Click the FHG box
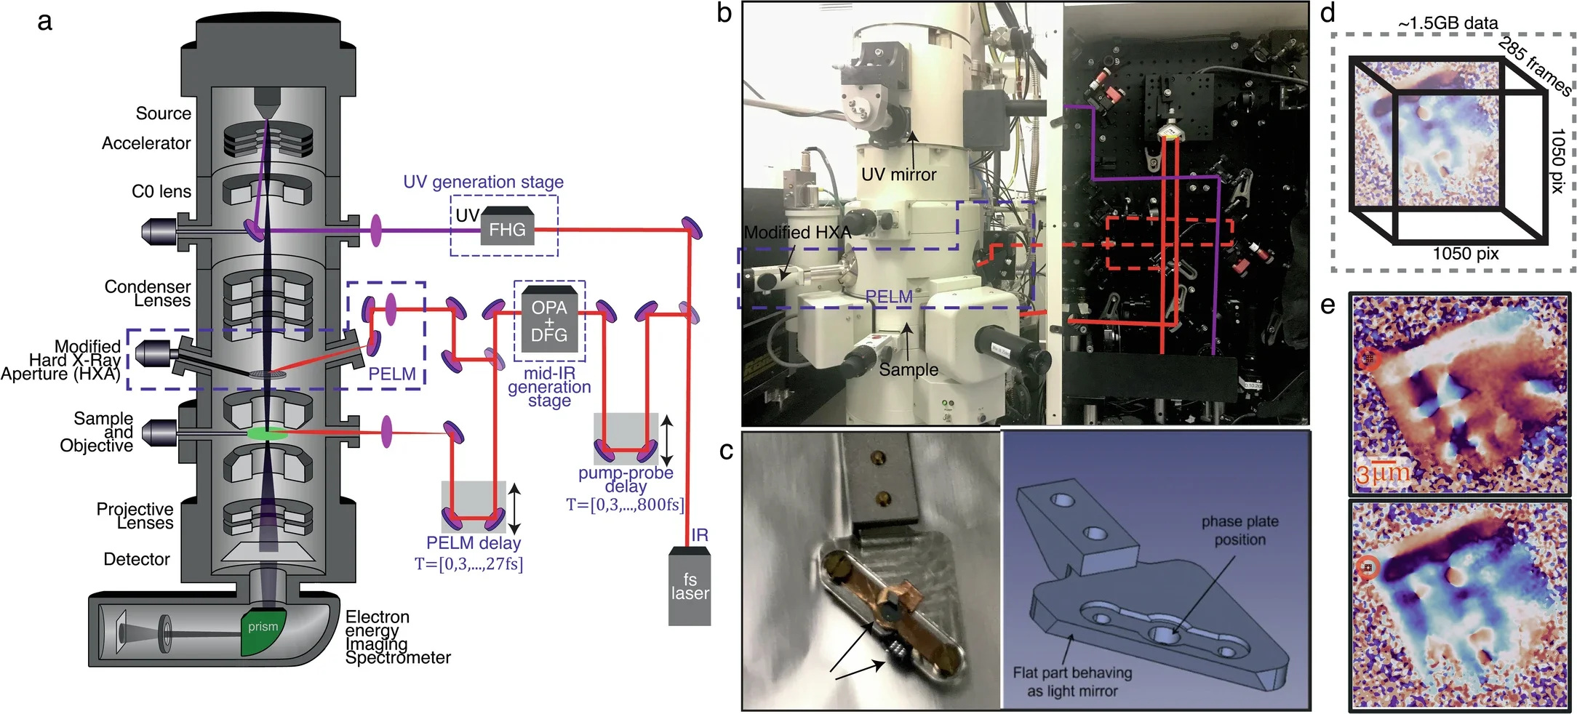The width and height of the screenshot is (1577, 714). [507, 230]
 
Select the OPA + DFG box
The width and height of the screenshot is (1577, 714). [549, 321]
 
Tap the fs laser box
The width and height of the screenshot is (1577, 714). [690, 587]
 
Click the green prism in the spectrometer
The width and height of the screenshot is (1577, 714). [263, 630]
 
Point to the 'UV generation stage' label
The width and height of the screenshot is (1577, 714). [483, 182]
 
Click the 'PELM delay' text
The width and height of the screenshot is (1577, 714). [473, 543]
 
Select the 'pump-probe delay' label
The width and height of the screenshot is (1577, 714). [626, 479]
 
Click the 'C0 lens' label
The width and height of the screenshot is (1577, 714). [161, 191]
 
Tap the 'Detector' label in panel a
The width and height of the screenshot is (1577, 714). [136, 559]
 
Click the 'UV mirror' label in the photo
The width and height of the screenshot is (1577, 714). [898, 175]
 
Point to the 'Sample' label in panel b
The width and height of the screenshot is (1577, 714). [908, 369]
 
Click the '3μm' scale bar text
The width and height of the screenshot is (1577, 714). [1382, 474]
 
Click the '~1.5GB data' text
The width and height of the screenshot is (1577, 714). [1448, 23]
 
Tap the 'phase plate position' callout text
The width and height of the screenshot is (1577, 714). [1239, 530]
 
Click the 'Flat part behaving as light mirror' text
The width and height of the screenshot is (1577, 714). [1072, 681]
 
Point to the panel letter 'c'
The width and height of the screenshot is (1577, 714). [726, 451]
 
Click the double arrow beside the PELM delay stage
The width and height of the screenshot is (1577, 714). [514, 509]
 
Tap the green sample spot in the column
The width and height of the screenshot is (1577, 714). [267, 434]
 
